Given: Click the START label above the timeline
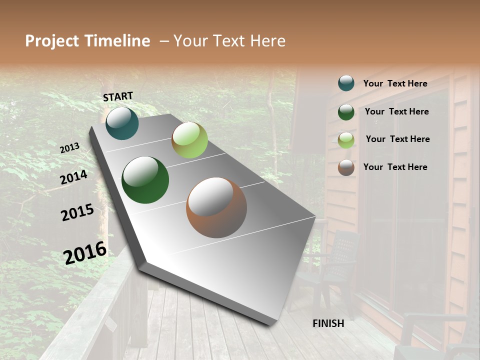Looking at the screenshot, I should point(118,96).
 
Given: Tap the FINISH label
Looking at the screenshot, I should point(328,323).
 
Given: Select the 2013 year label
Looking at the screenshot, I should point(69,148).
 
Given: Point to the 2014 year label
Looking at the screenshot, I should point(73,177).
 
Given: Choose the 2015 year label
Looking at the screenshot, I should point(77,212).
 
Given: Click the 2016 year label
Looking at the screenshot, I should point(85,252).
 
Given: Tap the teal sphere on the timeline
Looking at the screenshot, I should point(122,123).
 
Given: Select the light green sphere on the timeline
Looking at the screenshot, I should point(189,140).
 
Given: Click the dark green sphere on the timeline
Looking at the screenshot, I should point(145,180).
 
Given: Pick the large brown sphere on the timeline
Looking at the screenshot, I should point(216,207).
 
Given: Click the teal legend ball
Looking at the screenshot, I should point(346,83).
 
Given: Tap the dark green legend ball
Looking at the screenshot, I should point(346,112).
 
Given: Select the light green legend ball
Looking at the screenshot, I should point(346,140).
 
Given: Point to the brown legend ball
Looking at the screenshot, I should point(346,167).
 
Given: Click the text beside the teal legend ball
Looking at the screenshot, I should point(395,83).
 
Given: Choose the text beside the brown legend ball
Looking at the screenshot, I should point(395,167).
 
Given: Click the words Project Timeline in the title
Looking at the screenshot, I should point(87,41).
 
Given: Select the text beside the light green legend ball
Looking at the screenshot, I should point(397,139).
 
